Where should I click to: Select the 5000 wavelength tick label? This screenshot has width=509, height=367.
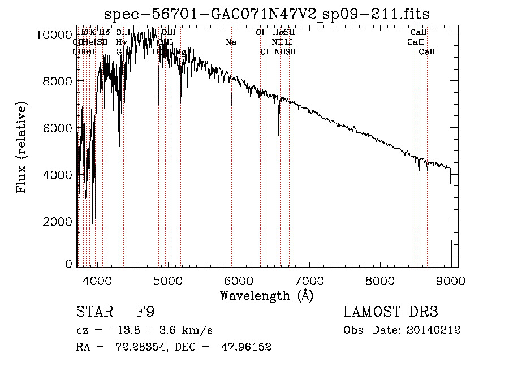[x=167, y=280]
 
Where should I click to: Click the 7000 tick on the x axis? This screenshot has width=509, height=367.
[x=309, y=280]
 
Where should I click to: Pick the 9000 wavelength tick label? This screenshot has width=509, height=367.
[x=451, y=280]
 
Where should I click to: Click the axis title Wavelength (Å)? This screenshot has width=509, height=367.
[x=266, y=295]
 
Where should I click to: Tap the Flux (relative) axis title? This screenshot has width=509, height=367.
[x=22, y=148]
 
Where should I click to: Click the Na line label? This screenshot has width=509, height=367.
[x=231, y=42]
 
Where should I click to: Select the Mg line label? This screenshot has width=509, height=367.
[x=180, y=51]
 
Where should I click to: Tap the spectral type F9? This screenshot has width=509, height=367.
[x=145, y=312]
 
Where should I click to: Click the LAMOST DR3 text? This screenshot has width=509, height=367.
[x=391, y=312]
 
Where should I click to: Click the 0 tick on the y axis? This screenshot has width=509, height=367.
[x=68, y=264]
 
